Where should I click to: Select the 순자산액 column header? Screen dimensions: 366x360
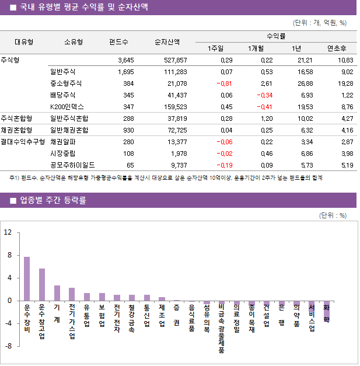pos(167,42)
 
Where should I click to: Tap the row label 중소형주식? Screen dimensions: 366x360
pos(66,83)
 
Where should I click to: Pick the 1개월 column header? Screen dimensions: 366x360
pos(256,48)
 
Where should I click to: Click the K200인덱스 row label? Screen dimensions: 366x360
pos(67,107)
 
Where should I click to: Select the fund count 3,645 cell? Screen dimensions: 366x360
pos(125,60)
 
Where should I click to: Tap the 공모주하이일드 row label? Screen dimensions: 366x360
pos(72,165)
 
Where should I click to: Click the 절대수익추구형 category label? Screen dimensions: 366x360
pos(23,141)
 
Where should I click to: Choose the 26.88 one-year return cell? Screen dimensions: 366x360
pos(303,83)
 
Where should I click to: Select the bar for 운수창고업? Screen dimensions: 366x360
pos(42,284)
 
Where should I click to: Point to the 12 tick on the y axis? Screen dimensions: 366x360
pos(8,232)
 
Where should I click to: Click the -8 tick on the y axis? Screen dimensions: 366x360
pos(8,346)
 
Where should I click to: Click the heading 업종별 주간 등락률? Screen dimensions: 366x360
pos(53,200)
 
